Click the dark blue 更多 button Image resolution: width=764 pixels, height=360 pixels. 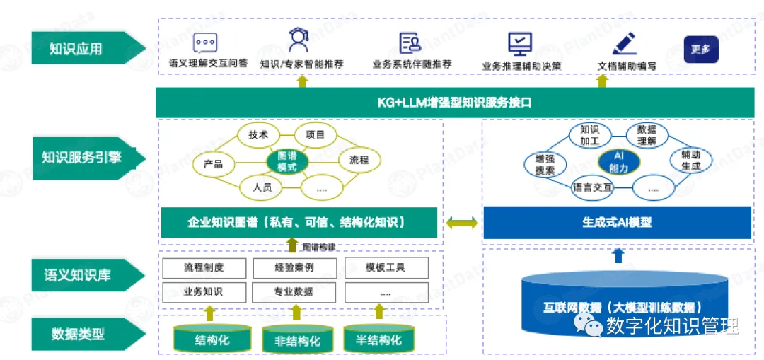[x=700, y=50]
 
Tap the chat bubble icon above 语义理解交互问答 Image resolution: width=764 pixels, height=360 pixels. [x=205, y=42]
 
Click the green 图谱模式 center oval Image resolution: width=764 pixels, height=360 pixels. [x=287, y=161]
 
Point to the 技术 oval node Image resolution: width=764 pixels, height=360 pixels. [x=258, y=135]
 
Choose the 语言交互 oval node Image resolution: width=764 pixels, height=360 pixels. [x=592, y=187]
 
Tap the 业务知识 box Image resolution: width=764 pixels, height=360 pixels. [x=204, y=291]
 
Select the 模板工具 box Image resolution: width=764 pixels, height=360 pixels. [x=386, y=267]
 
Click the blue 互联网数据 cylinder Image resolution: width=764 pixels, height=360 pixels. [x=623, y=311]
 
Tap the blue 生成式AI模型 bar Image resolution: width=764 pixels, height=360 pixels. [x=617, y=222]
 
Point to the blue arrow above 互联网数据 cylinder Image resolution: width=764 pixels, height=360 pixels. [x=618, y=255]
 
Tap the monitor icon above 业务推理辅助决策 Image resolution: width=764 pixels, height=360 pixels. [x=520, y=44]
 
